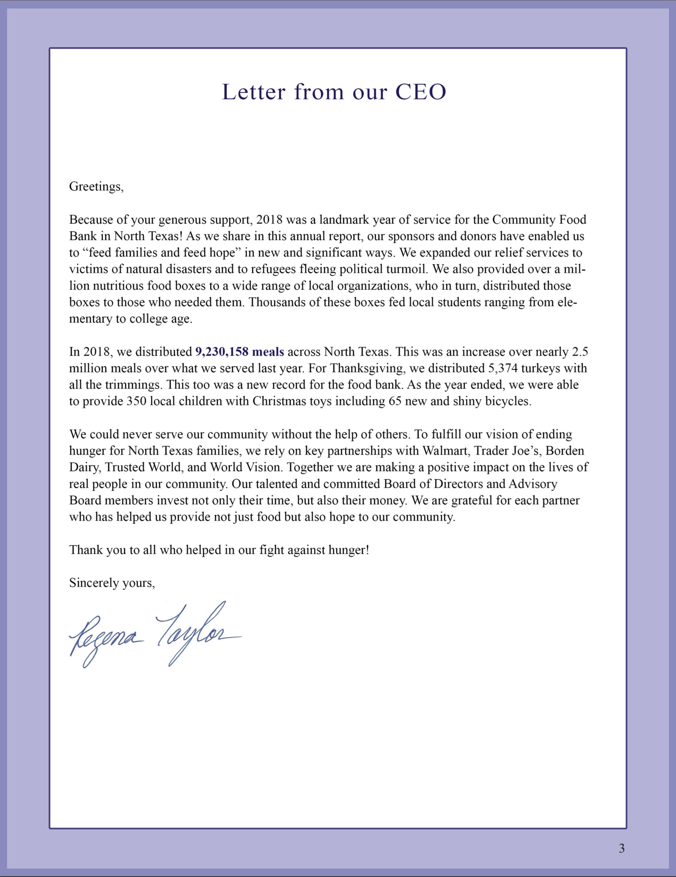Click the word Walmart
[x=446, y=451]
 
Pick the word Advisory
[x=533, y=484]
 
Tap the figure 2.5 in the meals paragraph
[x=580, y=352]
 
